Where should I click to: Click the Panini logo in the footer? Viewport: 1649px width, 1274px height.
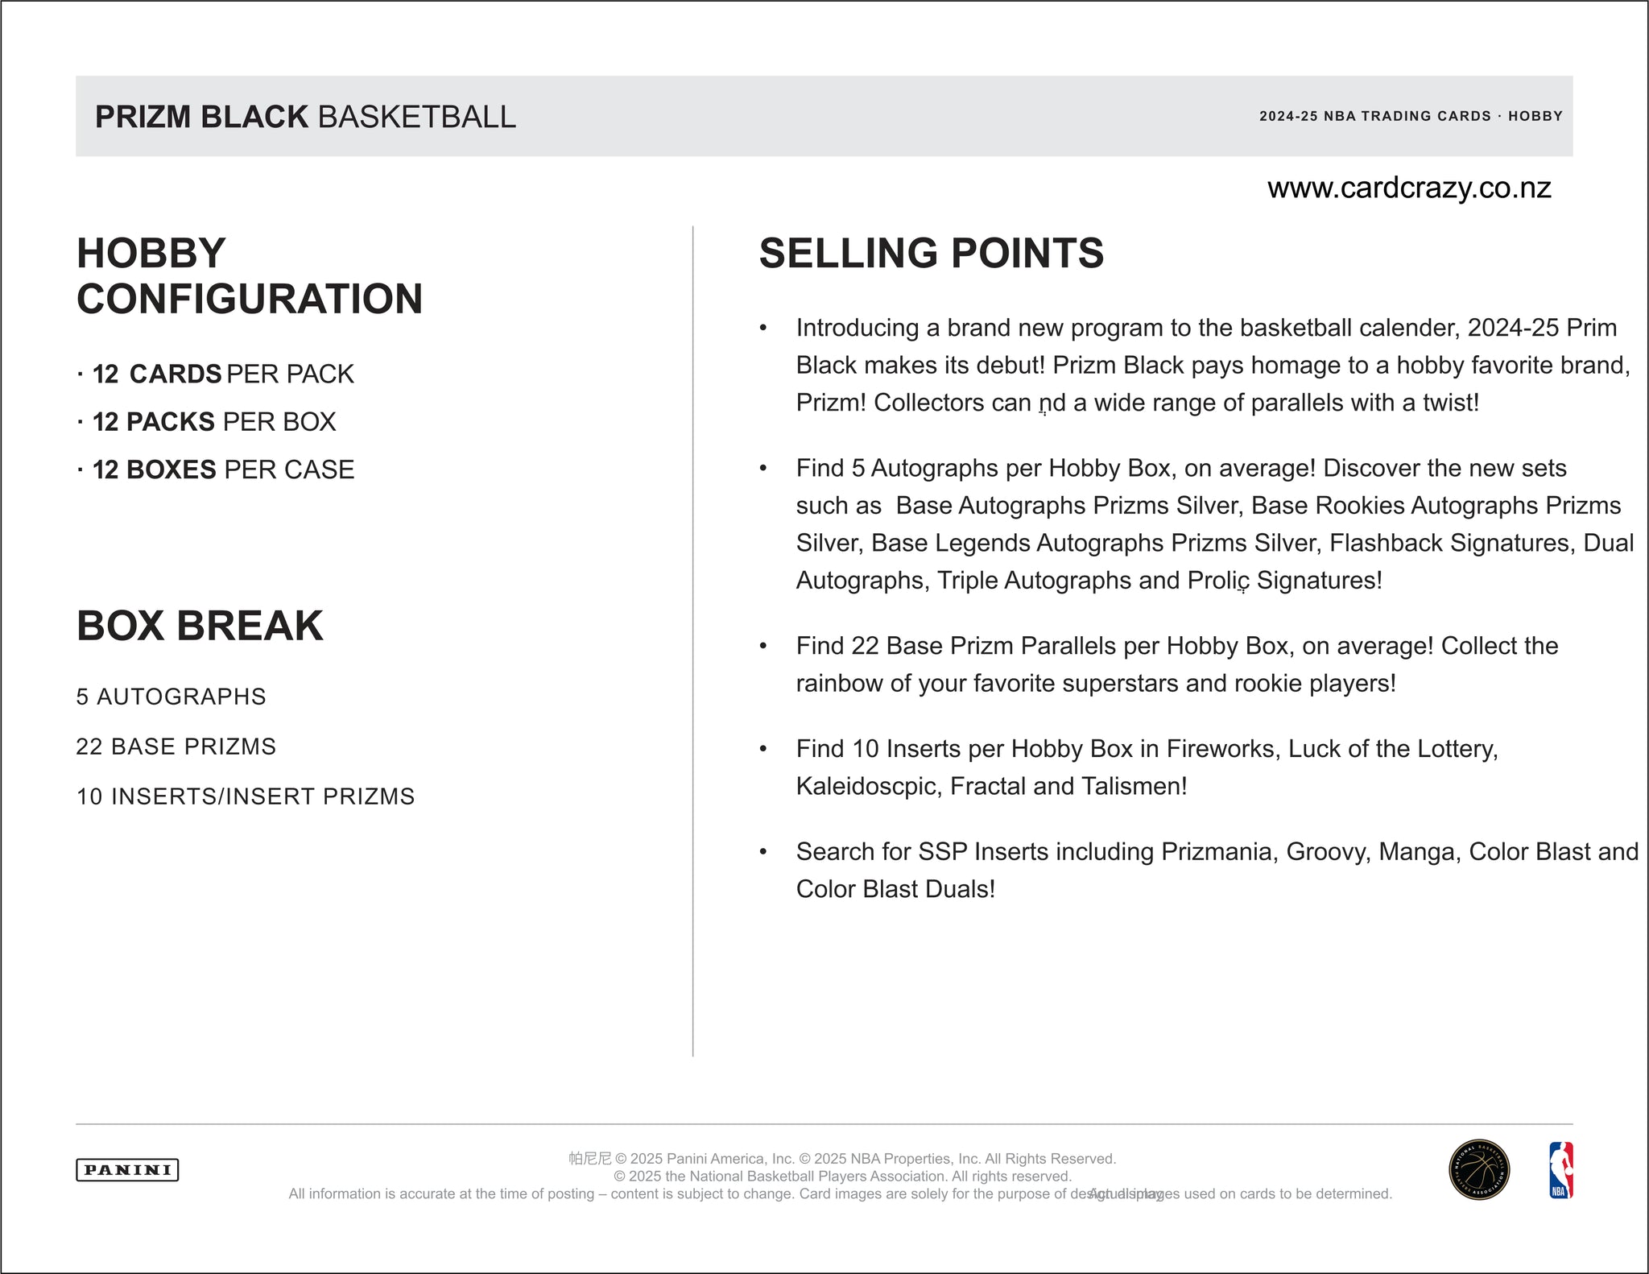tap(127, 1169)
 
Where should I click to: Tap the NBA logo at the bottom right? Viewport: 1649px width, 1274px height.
tap(1560, 1170)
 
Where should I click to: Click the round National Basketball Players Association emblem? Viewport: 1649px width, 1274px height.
tap(1479, 1170)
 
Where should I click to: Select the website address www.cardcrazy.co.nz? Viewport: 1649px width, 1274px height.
tap(1409, 188)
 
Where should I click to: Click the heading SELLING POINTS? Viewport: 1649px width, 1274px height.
tap(931, 253)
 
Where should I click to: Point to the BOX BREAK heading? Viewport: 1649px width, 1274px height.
tap(200, 626)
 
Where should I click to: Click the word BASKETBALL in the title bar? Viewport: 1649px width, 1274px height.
tap(417, 117)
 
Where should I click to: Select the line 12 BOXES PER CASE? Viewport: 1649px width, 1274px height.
tap(223, 469)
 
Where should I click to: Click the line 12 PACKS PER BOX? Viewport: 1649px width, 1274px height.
tap(213, 422)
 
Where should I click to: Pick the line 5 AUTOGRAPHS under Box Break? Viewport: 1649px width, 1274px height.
tap(171, 697)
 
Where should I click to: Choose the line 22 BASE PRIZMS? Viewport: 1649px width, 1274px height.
tap(176, 747)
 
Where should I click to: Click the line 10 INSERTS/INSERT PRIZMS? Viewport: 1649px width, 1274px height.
tap(245, 796)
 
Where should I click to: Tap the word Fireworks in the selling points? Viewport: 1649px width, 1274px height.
tap(1221, 749)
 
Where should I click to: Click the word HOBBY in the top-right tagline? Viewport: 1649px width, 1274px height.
tap(1535, 116)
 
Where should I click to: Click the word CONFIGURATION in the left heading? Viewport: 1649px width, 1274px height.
tap(250, 299)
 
